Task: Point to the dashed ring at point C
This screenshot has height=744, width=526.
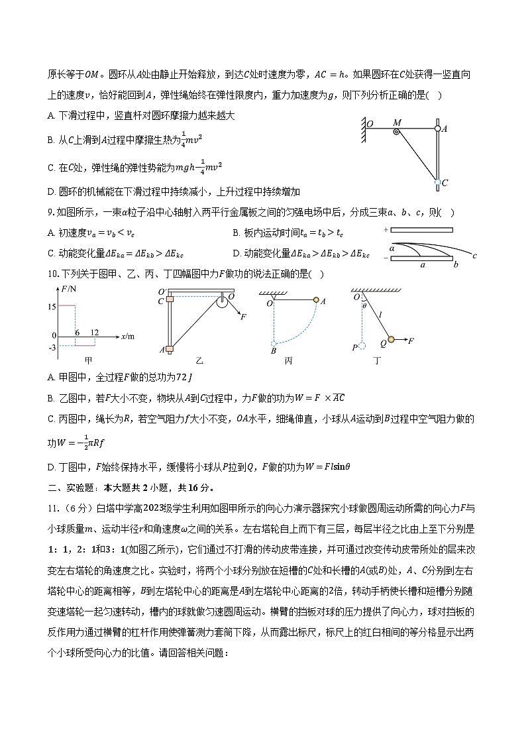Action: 438,182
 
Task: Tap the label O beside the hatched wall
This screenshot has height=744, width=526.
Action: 369,123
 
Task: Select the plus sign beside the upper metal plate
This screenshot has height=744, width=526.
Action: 385,229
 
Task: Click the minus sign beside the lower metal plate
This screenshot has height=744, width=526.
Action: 385,258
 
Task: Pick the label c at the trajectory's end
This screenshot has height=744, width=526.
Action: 475,255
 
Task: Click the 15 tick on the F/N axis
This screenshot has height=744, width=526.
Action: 51,305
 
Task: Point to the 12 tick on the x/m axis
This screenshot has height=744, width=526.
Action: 95,331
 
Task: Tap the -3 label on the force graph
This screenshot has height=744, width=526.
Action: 52,346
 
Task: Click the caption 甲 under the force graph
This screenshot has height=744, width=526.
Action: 88,360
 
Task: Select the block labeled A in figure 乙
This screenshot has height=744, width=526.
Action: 170,349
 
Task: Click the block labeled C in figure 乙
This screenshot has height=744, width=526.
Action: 170,301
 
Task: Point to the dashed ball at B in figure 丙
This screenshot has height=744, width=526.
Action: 273,343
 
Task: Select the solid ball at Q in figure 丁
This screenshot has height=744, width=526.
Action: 392,341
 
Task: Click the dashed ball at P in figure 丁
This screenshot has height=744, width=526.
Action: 362,345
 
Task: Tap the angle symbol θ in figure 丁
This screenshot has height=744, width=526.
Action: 364,306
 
